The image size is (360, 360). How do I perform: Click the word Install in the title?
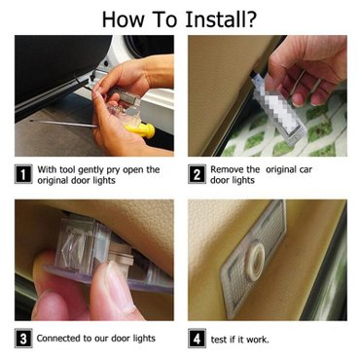click(213, 19)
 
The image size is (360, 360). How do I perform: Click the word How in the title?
click(124, 19)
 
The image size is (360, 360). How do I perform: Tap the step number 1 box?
click(23, 174)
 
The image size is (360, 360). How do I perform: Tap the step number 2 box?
click(197, 174)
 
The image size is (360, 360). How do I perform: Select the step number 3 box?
click(23, 339)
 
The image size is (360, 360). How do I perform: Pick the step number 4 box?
click(197, 339)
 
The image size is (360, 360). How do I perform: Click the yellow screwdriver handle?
click(141, 130)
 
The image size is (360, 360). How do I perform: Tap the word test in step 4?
click(219, 340)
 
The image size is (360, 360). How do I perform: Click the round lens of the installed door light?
click(255, 261)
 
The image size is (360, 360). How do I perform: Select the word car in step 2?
click(306, 169)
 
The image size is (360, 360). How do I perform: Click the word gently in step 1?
click(88, 170)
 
